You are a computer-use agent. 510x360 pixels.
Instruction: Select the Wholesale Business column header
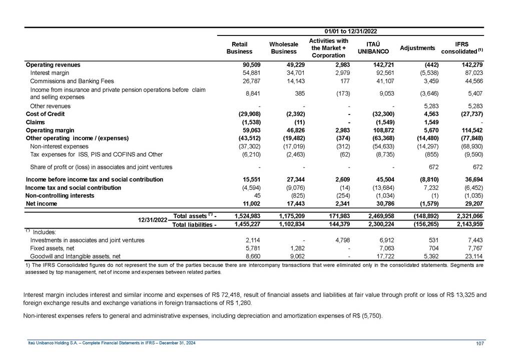point(284,48)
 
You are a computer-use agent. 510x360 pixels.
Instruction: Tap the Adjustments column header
point(417,48)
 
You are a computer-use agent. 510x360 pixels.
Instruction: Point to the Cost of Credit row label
point(45,114)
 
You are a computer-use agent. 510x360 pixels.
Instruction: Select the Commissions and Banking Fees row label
point(72,81)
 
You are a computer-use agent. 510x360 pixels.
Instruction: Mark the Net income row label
point(41,204)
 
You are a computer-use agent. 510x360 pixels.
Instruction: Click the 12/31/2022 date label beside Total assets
point(153,220)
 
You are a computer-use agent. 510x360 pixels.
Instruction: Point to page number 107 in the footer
point(480,342)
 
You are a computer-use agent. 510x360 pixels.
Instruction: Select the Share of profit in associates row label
point(101,167)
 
